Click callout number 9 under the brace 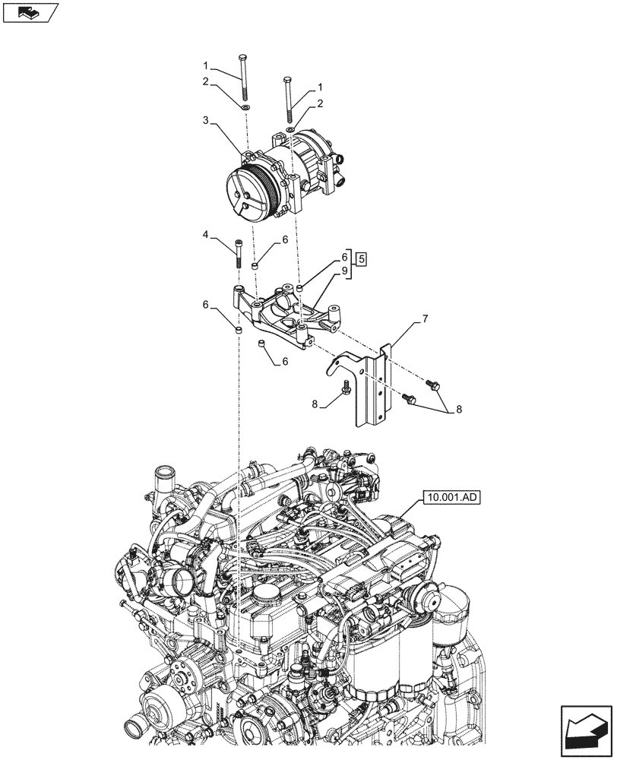pos(344,271)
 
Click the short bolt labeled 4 pos(240,253)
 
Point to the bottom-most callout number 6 pos(285,362)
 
